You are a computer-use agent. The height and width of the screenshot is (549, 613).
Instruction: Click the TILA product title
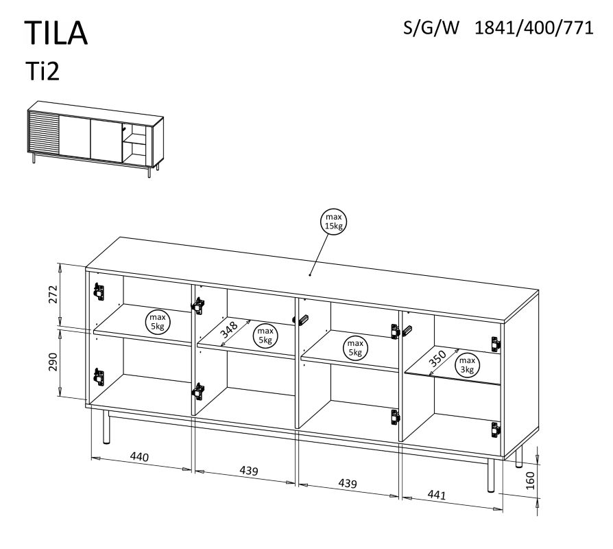click(56, 33)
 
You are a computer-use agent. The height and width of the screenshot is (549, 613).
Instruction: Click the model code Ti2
click(43, 71)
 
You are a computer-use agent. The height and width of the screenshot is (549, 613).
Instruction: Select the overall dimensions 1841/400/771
click(533, 28)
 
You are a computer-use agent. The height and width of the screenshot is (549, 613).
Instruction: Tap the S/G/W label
click(431, 28)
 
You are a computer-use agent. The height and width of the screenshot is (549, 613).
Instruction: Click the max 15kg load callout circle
click(333, 222)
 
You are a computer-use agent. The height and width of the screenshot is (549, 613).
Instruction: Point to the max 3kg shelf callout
click(467, 366)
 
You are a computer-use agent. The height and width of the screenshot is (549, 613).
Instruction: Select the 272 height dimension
click(53, 294)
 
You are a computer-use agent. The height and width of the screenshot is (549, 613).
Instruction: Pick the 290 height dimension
click(53, 362)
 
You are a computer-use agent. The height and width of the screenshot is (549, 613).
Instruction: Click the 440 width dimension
click(140, 456)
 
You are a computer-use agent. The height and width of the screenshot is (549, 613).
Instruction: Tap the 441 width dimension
click(436, 495)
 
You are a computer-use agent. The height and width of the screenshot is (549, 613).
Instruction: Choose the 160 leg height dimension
click(530, 480)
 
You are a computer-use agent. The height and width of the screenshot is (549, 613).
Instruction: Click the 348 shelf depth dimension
click(229, 330)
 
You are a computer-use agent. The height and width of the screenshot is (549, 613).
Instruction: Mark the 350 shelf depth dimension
click(437, 358)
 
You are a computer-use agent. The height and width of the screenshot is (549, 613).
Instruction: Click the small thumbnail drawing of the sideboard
click(95, 139)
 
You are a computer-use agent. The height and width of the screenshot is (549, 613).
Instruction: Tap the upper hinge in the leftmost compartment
click(99, 292)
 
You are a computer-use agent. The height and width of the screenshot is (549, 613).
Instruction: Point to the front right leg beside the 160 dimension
click(491, 476)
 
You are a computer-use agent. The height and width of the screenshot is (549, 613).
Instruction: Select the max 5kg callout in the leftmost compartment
click(157, 322)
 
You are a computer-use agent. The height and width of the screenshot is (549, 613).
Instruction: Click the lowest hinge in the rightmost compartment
click(495, 430)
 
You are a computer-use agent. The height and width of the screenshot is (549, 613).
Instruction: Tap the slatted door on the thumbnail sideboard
click(44, 133)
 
